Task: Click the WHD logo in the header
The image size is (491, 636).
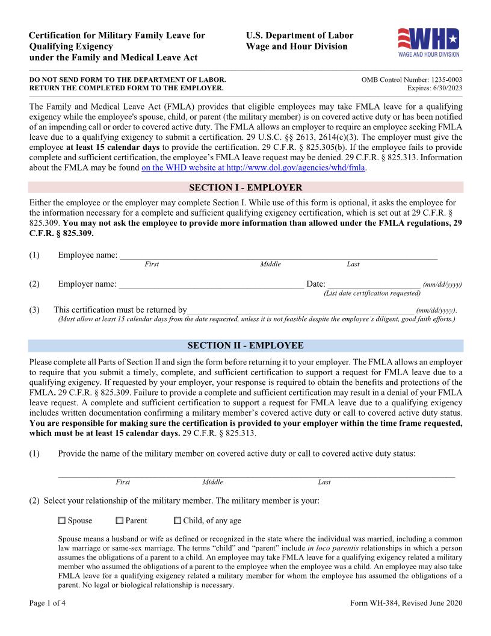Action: (428, 42)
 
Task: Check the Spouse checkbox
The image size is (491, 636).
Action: (62, 520)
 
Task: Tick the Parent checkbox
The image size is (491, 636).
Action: (120, 520)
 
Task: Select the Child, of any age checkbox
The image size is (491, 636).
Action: (178, 520)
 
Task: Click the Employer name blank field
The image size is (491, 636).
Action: (211, 284)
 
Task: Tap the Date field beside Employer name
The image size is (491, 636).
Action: (373, 284)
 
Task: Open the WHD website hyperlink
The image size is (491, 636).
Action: (253, 167)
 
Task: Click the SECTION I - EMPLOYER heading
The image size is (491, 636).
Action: (245, 187)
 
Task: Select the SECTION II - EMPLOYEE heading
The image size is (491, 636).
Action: (245, 346)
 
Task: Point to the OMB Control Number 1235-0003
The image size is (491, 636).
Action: (412, 79)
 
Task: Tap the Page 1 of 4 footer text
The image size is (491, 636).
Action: (48, 603)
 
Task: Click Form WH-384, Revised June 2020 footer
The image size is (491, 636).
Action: (406, 603)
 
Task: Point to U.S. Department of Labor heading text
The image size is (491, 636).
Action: (300, 36)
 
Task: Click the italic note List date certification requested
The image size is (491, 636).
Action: (372, 293)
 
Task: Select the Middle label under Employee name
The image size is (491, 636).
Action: (270, 264)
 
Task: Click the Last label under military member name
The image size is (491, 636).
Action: (324, 482)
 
